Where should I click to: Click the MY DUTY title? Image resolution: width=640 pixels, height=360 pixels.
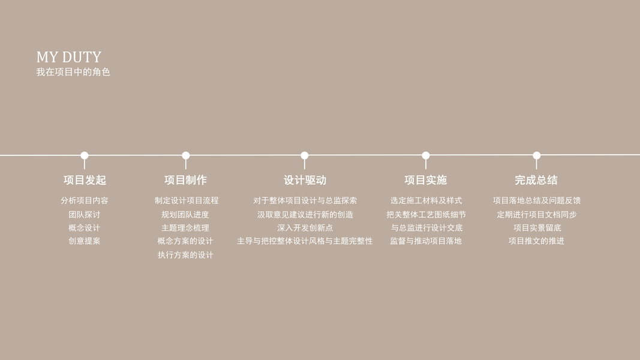(68, 57)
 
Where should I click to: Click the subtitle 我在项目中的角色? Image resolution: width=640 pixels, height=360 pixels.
(73, 72)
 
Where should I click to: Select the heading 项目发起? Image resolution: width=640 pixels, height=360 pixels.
(85, 180)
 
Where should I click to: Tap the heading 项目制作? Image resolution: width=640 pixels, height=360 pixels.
(185, 180)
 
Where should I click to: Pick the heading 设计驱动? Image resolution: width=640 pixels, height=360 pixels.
(305, 180)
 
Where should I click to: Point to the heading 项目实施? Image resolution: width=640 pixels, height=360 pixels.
(425, 180)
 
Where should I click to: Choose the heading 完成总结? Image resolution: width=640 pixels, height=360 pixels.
(536, 180)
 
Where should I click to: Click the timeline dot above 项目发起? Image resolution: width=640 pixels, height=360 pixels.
(85, 155)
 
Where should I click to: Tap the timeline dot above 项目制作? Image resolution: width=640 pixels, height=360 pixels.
(186, 155)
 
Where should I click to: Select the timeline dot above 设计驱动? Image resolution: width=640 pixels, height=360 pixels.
(305, 155)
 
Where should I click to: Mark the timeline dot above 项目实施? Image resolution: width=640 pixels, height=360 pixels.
(426, 155)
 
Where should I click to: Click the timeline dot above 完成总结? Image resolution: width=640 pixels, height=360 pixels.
(537, 155)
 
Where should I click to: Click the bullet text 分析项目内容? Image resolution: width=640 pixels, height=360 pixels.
(85, 200)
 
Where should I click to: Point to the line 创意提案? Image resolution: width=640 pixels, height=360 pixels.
(85, 241)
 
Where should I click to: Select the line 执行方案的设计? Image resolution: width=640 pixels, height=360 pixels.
(185, 255)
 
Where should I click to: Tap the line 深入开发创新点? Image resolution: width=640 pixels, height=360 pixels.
(305, 228)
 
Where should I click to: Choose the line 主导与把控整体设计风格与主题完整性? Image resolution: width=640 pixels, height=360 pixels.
(305, 241)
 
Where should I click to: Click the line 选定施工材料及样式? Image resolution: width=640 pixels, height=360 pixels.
(426, 200)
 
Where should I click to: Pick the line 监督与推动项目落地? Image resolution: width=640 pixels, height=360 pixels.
(426, 241)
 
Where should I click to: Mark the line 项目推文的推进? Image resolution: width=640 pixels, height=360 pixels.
(536, 241)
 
